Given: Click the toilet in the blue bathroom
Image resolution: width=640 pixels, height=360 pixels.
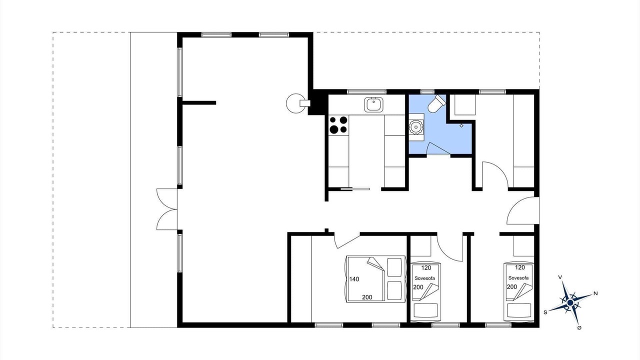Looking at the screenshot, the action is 436,103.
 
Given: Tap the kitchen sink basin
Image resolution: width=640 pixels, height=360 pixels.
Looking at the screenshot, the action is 373,104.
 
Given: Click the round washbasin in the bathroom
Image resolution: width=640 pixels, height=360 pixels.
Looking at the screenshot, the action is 416,127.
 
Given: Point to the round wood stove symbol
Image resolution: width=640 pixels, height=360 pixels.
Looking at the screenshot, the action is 295,103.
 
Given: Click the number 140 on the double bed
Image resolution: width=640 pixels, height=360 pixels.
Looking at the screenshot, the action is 354,279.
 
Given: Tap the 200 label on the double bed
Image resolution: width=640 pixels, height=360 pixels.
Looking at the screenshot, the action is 367,297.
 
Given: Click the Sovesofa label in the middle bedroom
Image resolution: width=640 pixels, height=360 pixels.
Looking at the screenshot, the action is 425,278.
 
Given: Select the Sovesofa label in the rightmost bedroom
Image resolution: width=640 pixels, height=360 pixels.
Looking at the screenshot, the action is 518,277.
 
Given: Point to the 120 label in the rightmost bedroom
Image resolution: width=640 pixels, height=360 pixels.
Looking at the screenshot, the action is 520,267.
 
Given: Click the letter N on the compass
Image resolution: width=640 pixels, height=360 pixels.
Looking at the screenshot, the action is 595,293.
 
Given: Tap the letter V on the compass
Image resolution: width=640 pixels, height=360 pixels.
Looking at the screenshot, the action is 560,277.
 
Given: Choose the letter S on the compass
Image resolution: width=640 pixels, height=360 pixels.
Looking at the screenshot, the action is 545,312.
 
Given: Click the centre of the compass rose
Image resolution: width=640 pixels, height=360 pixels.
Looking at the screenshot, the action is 570,302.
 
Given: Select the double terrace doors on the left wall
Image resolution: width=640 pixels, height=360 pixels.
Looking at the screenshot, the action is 167,209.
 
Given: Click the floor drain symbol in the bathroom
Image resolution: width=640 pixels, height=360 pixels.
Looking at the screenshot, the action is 461,125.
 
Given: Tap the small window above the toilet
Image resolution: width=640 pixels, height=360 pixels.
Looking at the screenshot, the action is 427,92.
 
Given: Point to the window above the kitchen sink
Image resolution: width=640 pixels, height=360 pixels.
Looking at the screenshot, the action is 367,92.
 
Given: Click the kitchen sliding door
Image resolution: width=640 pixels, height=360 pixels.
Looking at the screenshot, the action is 355,189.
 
